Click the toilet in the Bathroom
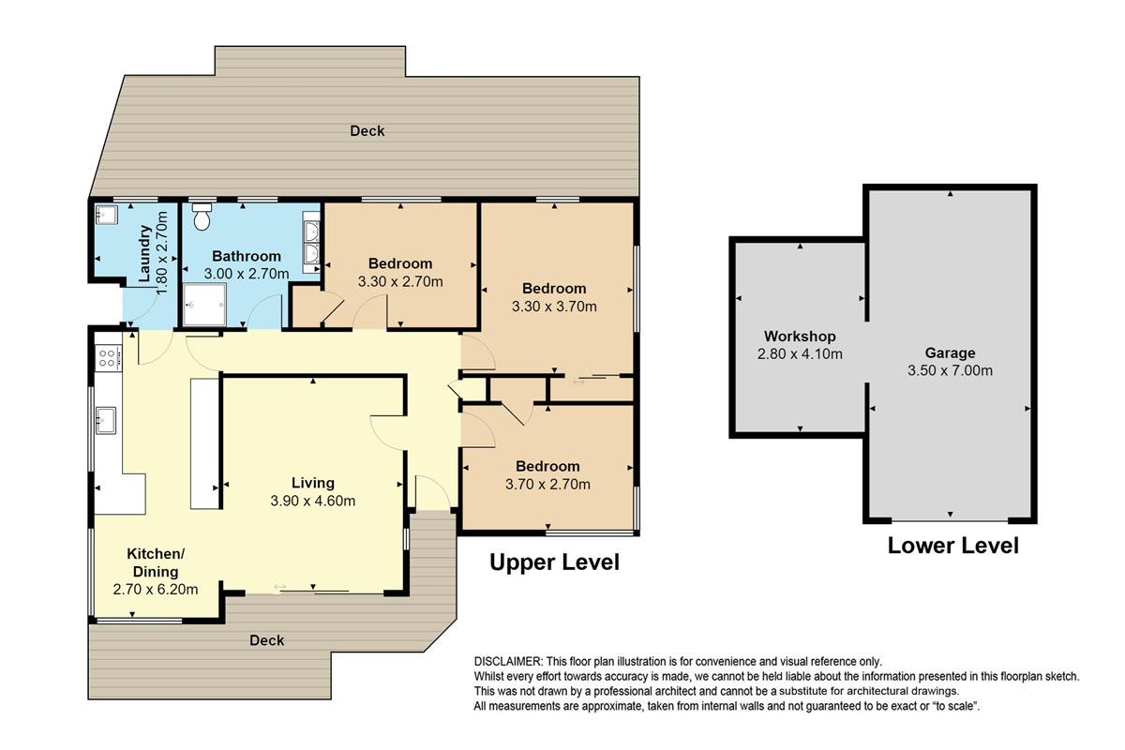click(202, 217)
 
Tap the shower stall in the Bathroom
click(204, 305)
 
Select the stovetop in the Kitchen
click(109, 358)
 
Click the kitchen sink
click(106, 420)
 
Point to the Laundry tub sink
click(107, 214)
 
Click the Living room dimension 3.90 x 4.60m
click(313, 501)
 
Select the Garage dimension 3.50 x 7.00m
click(950, 370)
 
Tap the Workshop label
click(800, 336)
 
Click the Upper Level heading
click(554, 562)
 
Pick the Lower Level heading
click(953, 546)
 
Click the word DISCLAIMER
click(508, 661)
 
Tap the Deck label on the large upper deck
click(367, 131)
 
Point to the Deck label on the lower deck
click(266, 640)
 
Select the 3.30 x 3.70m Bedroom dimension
click(554, 307)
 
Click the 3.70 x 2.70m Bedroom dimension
click(547, 485)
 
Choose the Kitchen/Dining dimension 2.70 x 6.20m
click(156, 590)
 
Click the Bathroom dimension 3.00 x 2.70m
click(246, 274)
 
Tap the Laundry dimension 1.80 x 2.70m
click(161, 253)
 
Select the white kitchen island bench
click(204, 443)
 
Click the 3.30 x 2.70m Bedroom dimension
click(400, 281)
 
